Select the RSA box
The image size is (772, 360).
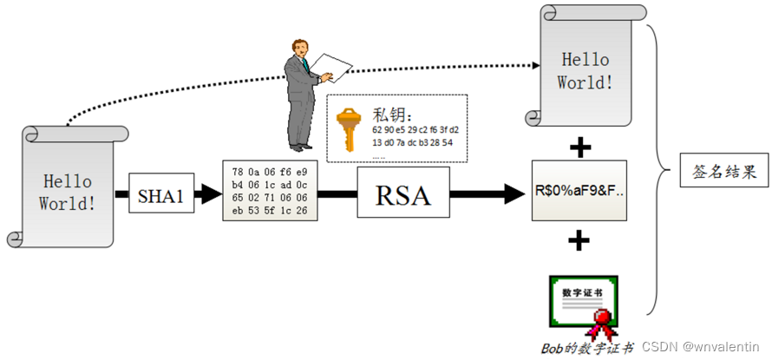click(403, 194)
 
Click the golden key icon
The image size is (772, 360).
click(348, 130)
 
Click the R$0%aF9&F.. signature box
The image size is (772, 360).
click(579, 190)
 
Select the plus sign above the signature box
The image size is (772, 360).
click(579, 147)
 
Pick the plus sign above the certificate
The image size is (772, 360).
click(579, 239)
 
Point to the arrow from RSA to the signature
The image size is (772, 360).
click(486, 194)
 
